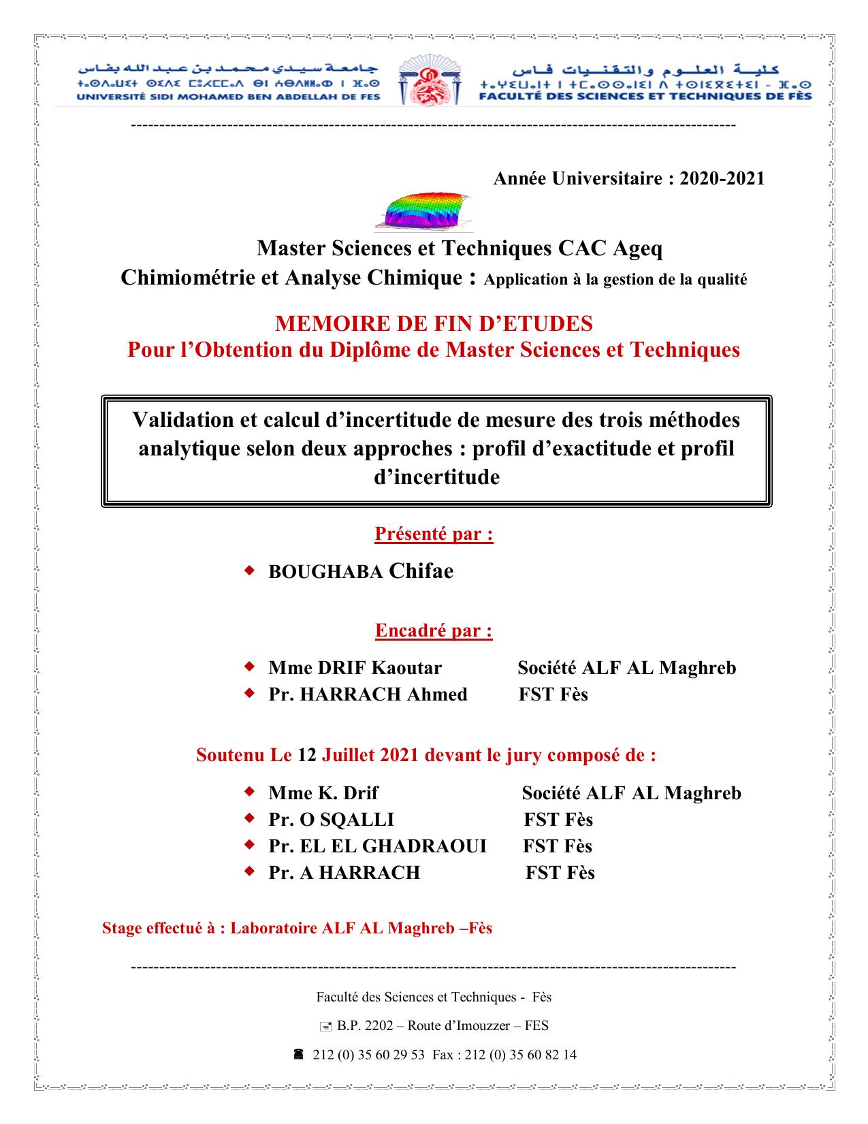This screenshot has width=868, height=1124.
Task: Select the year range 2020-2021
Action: (x=722, y=178)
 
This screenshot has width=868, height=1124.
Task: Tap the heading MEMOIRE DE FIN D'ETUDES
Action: (x=434, y=323)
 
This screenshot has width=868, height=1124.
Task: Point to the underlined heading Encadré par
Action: (x=434, y=630)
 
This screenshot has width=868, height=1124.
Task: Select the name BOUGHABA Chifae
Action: (x=361, y=571)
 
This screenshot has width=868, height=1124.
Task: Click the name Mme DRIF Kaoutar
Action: (x=355, y=668)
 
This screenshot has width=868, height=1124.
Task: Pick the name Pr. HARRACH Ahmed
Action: (x=368, y=694)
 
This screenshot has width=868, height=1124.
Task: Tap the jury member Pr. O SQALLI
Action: (x=331, y=820)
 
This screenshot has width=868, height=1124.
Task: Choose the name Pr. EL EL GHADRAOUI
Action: (x=377, y=846)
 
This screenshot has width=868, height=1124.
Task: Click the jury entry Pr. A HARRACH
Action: (x=344, y=873)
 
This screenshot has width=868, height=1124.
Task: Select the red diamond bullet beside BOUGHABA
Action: (x=249, y=571)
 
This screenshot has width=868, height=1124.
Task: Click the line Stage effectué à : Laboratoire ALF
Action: (x=297, y=928)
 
